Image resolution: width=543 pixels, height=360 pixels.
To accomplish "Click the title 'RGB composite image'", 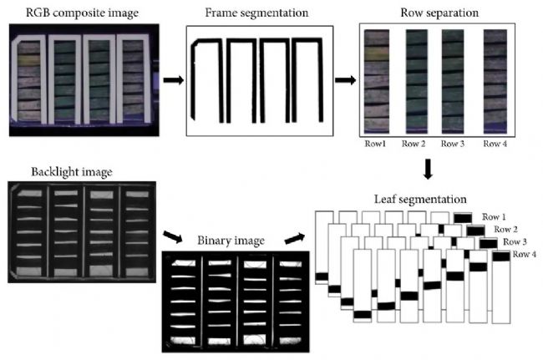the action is coord(82,13).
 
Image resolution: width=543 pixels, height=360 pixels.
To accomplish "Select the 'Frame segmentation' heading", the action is coord(256,13).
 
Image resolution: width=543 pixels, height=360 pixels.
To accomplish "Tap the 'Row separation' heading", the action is coord(439,13).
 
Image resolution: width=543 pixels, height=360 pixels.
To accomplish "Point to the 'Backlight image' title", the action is coord(72,172).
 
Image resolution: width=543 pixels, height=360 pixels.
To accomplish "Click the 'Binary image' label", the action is coord(231,241).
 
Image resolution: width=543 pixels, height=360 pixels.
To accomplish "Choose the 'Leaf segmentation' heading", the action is coord(420,200).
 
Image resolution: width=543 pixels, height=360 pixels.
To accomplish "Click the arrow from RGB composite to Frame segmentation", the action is coord(174,80).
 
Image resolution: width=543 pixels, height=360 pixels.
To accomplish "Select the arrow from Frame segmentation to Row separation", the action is coord(345,80).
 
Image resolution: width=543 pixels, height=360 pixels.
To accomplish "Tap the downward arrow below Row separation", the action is coord(428,169).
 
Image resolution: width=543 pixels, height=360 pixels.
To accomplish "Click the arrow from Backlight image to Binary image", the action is coord(172,236).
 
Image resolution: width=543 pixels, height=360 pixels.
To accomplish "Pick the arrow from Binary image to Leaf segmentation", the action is coord(295,238).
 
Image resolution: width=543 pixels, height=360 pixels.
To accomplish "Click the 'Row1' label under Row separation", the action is coord(375,144).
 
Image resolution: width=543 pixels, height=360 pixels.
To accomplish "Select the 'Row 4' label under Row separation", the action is coord(495,144).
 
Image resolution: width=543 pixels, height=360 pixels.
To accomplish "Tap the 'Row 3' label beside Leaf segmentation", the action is coord(515,241).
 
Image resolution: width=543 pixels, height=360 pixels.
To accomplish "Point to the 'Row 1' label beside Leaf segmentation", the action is coord(494,217).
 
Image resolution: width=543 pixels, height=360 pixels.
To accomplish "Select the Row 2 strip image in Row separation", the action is coord(417,82).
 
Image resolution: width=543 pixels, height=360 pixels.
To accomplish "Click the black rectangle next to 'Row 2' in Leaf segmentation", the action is coord(475,231).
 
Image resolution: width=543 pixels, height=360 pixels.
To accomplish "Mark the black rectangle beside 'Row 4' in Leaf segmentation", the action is coord(501,256).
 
